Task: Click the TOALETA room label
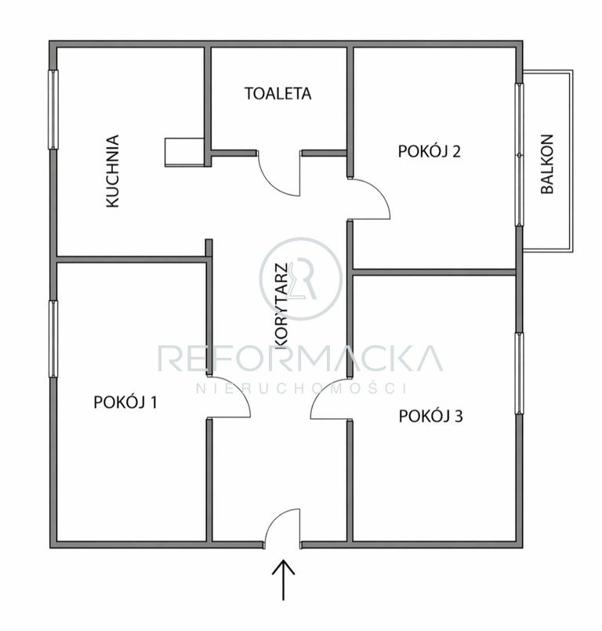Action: pos(277,93)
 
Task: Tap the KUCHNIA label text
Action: pos(113,171)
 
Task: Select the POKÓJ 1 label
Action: pos(125,402)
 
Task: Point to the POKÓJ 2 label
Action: pos(429,151)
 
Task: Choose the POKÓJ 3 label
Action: pos(431,416)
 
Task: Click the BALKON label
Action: pos(547,164)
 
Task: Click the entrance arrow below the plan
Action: pos(283,579)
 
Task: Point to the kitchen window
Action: pos(53,110)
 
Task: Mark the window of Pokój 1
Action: pos(53,339)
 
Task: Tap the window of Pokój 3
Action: pos(520,373)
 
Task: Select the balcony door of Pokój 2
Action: pos(520,154)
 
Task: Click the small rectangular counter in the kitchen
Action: pos(184,152)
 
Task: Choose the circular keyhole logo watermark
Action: pos(301,279)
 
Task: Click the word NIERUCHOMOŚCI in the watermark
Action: pos(300,388)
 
